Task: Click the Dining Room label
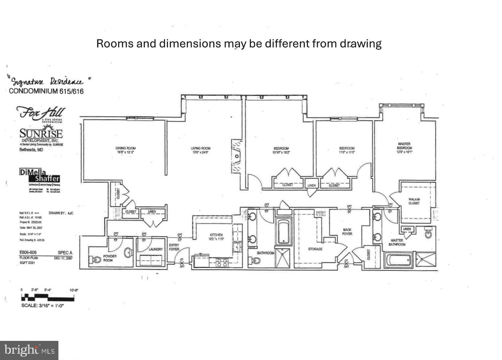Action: click(125, 150)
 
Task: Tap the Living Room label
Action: click(200, 150)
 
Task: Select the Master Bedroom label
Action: click(404, 148)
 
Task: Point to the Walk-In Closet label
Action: click(414, 201)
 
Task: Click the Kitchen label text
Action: click(216, 237)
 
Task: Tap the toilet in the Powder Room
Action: click(96, 260)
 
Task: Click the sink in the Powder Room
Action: click(128, 253)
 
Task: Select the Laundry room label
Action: click(155, 249)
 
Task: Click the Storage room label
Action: click(315, 249)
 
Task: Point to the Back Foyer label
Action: click(347, 232)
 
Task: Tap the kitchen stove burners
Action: click(221, 262)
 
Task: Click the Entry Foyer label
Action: click(174, 247)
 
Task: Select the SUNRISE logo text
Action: click(41, 134)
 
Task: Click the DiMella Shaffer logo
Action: click(40, 176)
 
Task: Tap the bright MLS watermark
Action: click(29, 350)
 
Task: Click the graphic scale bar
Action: click(48, 298)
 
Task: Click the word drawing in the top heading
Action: click(361, 44)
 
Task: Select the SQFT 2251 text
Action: click(27, 263)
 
